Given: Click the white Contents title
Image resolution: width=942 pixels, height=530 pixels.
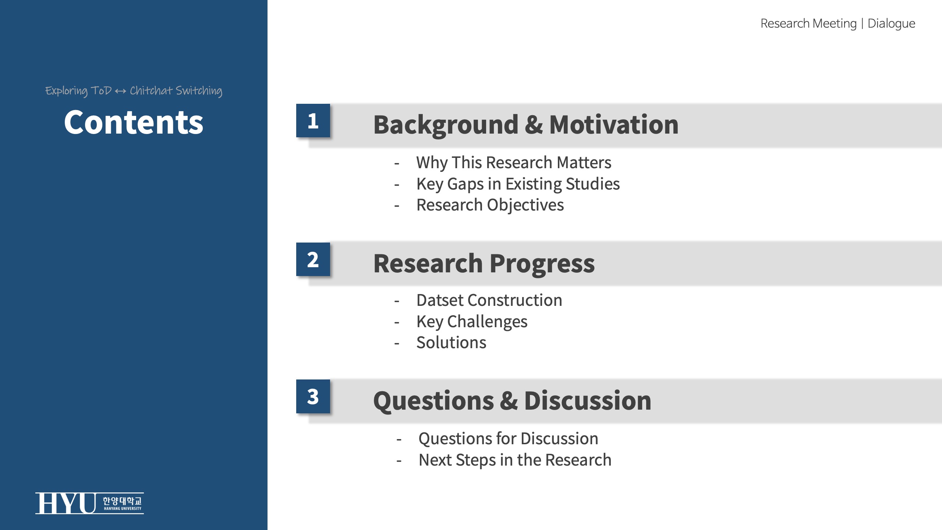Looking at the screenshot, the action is click(134, 123).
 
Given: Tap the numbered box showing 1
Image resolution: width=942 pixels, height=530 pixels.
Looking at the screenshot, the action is click(313, 121).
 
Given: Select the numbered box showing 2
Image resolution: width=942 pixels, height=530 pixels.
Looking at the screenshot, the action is click(313, 259).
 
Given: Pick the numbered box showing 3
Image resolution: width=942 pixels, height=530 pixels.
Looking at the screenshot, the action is click(313, 396).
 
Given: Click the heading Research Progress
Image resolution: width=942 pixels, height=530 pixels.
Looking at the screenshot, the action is click(484, 264).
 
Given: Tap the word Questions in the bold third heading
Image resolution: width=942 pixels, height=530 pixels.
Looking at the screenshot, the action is click(433, 401).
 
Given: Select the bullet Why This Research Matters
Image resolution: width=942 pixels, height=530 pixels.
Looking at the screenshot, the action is click(514, 163).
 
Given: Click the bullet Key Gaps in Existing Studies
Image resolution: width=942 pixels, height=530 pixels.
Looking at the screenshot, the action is click(518, 184).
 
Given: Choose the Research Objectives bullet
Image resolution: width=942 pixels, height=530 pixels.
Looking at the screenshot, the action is click(490, 205).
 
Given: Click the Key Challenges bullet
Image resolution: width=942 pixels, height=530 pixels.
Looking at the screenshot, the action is click(472, 322).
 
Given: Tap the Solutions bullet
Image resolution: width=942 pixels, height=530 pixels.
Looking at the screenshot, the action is click(451, 343).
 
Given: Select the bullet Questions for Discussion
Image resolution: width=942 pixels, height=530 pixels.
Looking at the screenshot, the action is click(509, 439).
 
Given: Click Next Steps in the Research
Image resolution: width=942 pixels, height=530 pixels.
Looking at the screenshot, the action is click(515, 460).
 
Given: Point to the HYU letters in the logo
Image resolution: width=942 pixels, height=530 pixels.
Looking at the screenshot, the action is click(66, 503).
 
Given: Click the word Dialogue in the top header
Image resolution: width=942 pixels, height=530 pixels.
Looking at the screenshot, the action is click(891, 24).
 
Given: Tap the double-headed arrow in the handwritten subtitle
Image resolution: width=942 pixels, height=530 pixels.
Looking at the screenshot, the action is click(120, 91).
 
